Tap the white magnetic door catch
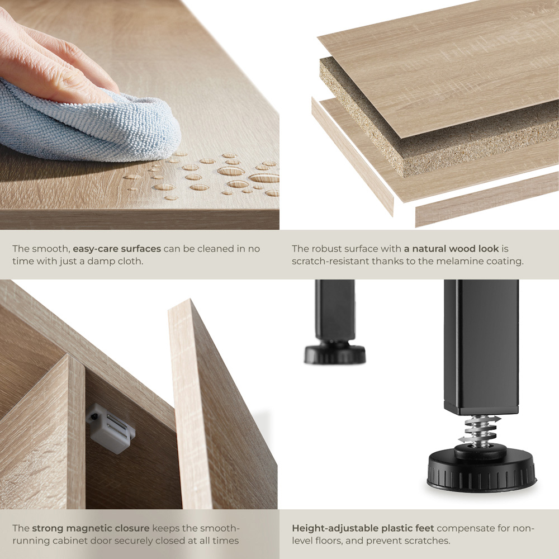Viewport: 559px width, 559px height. click(111, 428)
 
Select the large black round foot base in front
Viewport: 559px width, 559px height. click(481, 470)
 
